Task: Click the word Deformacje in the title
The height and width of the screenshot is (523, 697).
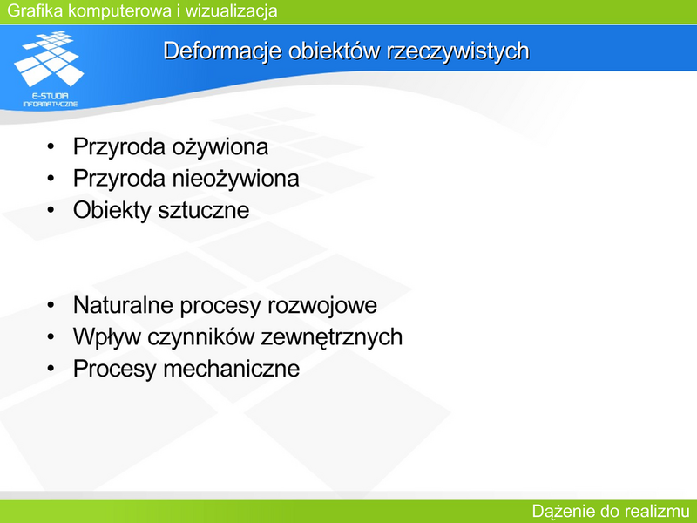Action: click(x=222, y=51)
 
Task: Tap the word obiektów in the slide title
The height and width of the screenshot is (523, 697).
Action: click(x=334, y=51)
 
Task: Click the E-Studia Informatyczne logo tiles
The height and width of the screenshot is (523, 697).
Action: click(x=49, y=58)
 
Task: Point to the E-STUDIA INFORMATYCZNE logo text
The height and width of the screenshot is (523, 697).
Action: click(x=50, y=100)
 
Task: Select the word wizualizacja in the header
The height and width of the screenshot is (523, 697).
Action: click(x=231, y=10)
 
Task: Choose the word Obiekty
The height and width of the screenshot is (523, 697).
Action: click(x=112, y=210)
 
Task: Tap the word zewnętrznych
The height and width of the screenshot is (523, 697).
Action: click(x=332, y=337)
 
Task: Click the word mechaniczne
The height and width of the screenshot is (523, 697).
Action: click(x=232, y=369)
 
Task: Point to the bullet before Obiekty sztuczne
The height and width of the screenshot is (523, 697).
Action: click(x=51, y=210)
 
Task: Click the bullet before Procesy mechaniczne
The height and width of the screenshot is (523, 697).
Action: click(x=51, y=368)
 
